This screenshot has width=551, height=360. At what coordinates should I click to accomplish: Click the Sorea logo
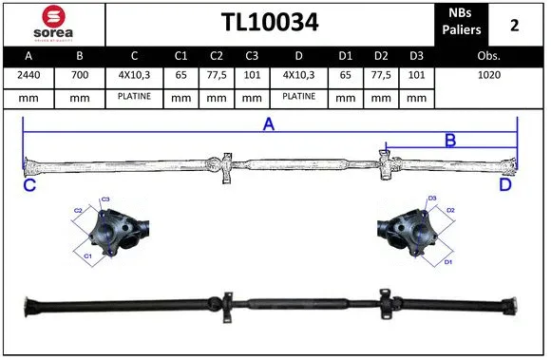pyautogui.click(x=53, y=23)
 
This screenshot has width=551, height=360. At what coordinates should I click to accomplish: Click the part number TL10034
pyautogui.click(x=269, y=23)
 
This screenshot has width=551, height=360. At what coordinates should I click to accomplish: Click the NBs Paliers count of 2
pyautogui.click(x=514, y=25)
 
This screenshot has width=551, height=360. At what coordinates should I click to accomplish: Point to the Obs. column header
pyautogui.click(x=488, y=56)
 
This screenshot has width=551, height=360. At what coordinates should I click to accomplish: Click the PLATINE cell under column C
pyautogui.click(x=134, y=97)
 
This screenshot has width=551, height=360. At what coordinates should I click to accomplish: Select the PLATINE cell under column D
pyautogui.click(x=298, y=97)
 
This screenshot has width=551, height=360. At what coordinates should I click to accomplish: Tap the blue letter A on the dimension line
pyautogui.click(x=269, y=124)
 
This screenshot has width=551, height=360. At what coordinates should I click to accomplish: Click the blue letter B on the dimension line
pyautogui.click(x=450, y=141)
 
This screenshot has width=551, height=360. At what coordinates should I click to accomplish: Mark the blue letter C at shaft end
pyautogui.click(x=29, y=186)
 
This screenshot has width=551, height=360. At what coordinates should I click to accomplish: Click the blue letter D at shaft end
pyautogui.click(x=505, y=185)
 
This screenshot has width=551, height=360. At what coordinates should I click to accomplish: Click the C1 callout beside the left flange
pyautogui.click(x=87, y=256)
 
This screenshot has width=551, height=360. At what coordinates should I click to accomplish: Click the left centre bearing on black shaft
pyautogui.click(x=229, y=304)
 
